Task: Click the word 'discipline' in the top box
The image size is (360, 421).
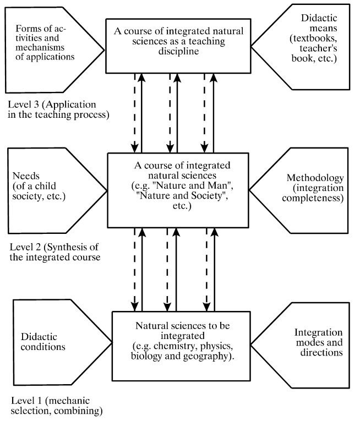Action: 178,51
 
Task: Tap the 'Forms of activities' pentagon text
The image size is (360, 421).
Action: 45,42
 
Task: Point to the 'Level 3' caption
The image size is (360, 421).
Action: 58,110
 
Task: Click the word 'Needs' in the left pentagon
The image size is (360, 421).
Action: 26,176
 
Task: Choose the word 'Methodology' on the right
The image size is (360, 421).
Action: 315,178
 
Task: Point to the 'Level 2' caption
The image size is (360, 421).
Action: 55,252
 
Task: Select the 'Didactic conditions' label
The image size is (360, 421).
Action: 43,342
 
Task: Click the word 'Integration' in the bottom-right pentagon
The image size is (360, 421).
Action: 318,332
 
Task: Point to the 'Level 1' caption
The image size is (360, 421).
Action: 57,406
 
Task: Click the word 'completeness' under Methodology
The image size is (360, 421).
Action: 313,198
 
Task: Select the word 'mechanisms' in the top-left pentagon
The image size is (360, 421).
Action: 40,47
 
